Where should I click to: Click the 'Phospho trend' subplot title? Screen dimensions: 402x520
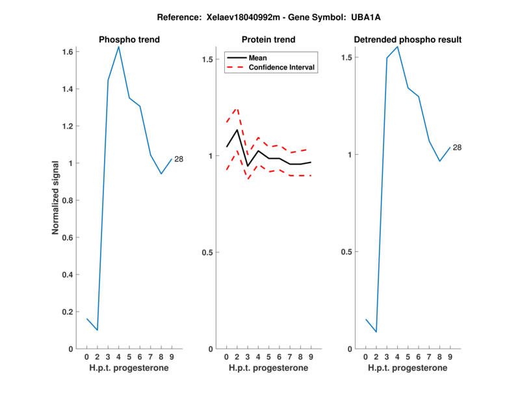tap(129, 40)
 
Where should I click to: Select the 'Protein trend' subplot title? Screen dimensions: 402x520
tap(268, 40)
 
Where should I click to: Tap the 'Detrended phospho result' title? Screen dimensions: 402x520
tap(408, 40)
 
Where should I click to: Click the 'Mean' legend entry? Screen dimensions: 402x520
tap(257, 58)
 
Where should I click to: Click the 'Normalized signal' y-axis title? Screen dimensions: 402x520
tap(57, 198)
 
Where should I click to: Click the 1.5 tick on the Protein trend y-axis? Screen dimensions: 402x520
tap(208, 59)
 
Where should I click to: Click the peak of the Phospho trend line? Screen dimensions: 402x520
tap(118, 46)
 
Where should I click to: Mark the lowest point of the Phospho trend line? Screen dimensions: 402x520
tap(97, 330)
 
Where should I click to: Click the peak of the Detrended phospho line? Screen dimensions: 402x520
tap(397, 46)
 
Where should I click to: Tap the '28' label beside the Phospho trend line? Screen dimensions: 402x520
tap(179, 159)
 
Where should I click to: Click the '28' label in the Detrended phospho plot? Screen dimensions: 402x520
tap(457, 148)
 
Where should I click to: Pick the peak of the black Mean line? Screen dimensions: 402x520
tap(237, 129)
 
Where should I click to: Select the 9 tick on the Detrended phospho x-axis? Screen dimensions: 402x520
tap(450, 356)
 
